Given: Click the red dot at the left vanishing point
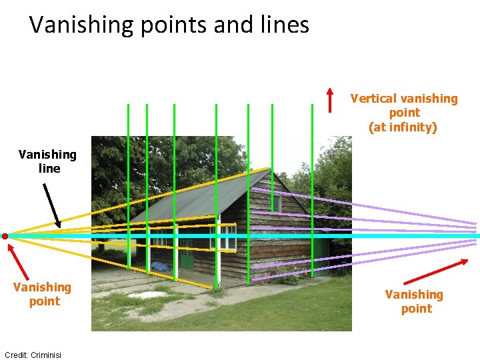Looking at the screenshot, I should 5,236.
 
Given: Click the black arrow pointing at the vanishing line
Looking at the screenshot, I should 51,205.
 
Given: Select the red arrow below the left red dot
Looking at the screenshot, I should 19,261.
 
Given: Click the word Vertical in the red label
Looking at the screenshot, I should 373,99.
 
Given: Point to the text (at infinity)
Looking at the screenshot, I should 403,127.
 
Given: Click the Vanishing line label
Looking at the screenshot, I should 48,161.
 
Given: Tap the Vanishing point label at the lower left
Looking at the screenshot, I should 42,294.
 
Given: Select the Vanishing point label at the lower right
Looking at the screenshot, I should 414,301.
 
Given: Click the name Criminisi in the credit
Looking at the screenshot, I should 46,355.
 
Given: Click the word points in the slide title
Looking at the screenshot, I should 175,25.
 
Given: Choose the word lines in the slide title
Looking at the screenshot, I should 286,25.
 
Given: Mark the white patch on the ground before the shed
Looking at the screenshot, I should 147,294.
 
